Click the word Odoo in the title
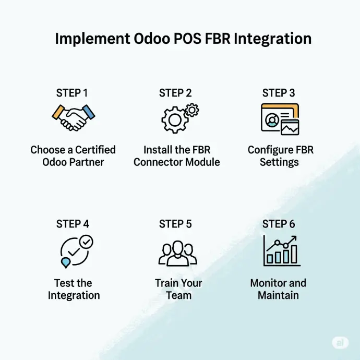152,38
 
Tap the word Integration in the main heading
272,39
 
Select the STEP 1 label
72,93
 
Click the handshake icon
74,117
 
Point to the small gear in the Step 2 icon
192,110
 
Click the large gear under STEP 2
175,120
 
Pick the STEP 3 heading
279,93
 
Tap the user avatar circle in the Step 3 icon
272,121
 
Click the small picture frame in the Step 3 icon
290,127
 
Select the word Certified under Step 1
95,150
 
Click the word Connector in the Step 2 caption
159,162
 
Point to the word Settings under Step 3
279,163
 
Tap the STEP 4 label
73,224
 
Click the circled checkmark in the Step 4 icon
86,242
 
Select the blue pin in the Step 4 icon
65,262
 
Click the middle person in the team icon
178,253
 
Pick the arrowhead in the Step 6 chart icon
294,239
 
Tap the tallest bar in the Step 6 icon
294,254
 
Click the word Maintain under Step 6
278,295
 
